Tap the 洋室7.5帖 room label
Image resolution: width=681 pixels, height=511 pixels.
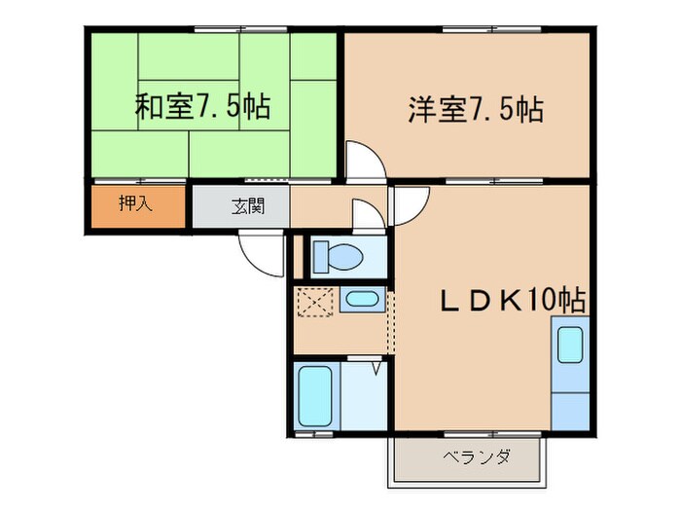point(474,110)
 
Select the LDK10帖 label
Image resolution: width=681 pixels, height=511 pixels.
point(511,302)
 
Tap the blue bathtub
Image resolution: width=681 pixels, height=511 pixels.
point(314,394)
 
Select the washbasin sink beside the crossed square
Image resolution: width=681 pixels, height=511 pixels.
point(363,301)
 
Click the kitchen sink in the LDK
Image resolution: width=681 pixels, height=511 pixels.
point(570,346)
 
